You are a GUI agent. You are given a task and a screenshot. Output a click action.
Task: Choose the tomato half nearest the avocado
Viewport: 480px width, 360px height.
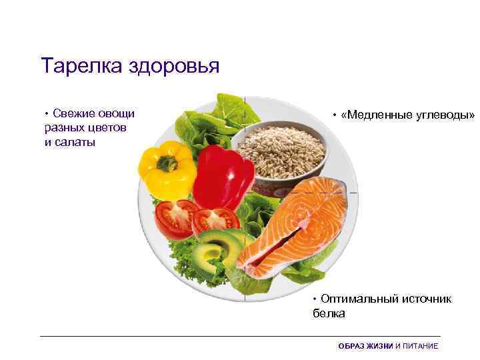tap(215, 221)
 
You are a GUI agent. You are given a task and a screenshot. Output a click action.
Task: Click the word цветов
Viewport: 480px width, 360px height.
tap(109, 127)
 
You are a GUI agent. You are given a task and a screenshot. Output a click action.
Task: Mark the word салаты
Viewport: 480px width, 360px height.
tap(76, 142)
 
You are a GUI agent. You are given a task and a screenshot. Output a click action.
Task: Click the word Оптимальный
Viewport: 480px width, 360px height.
tap(361, 299)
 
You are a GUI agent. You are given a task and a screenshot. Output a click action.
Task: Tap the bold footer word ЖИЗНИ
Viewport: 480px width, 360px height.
tap(379, 347)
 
